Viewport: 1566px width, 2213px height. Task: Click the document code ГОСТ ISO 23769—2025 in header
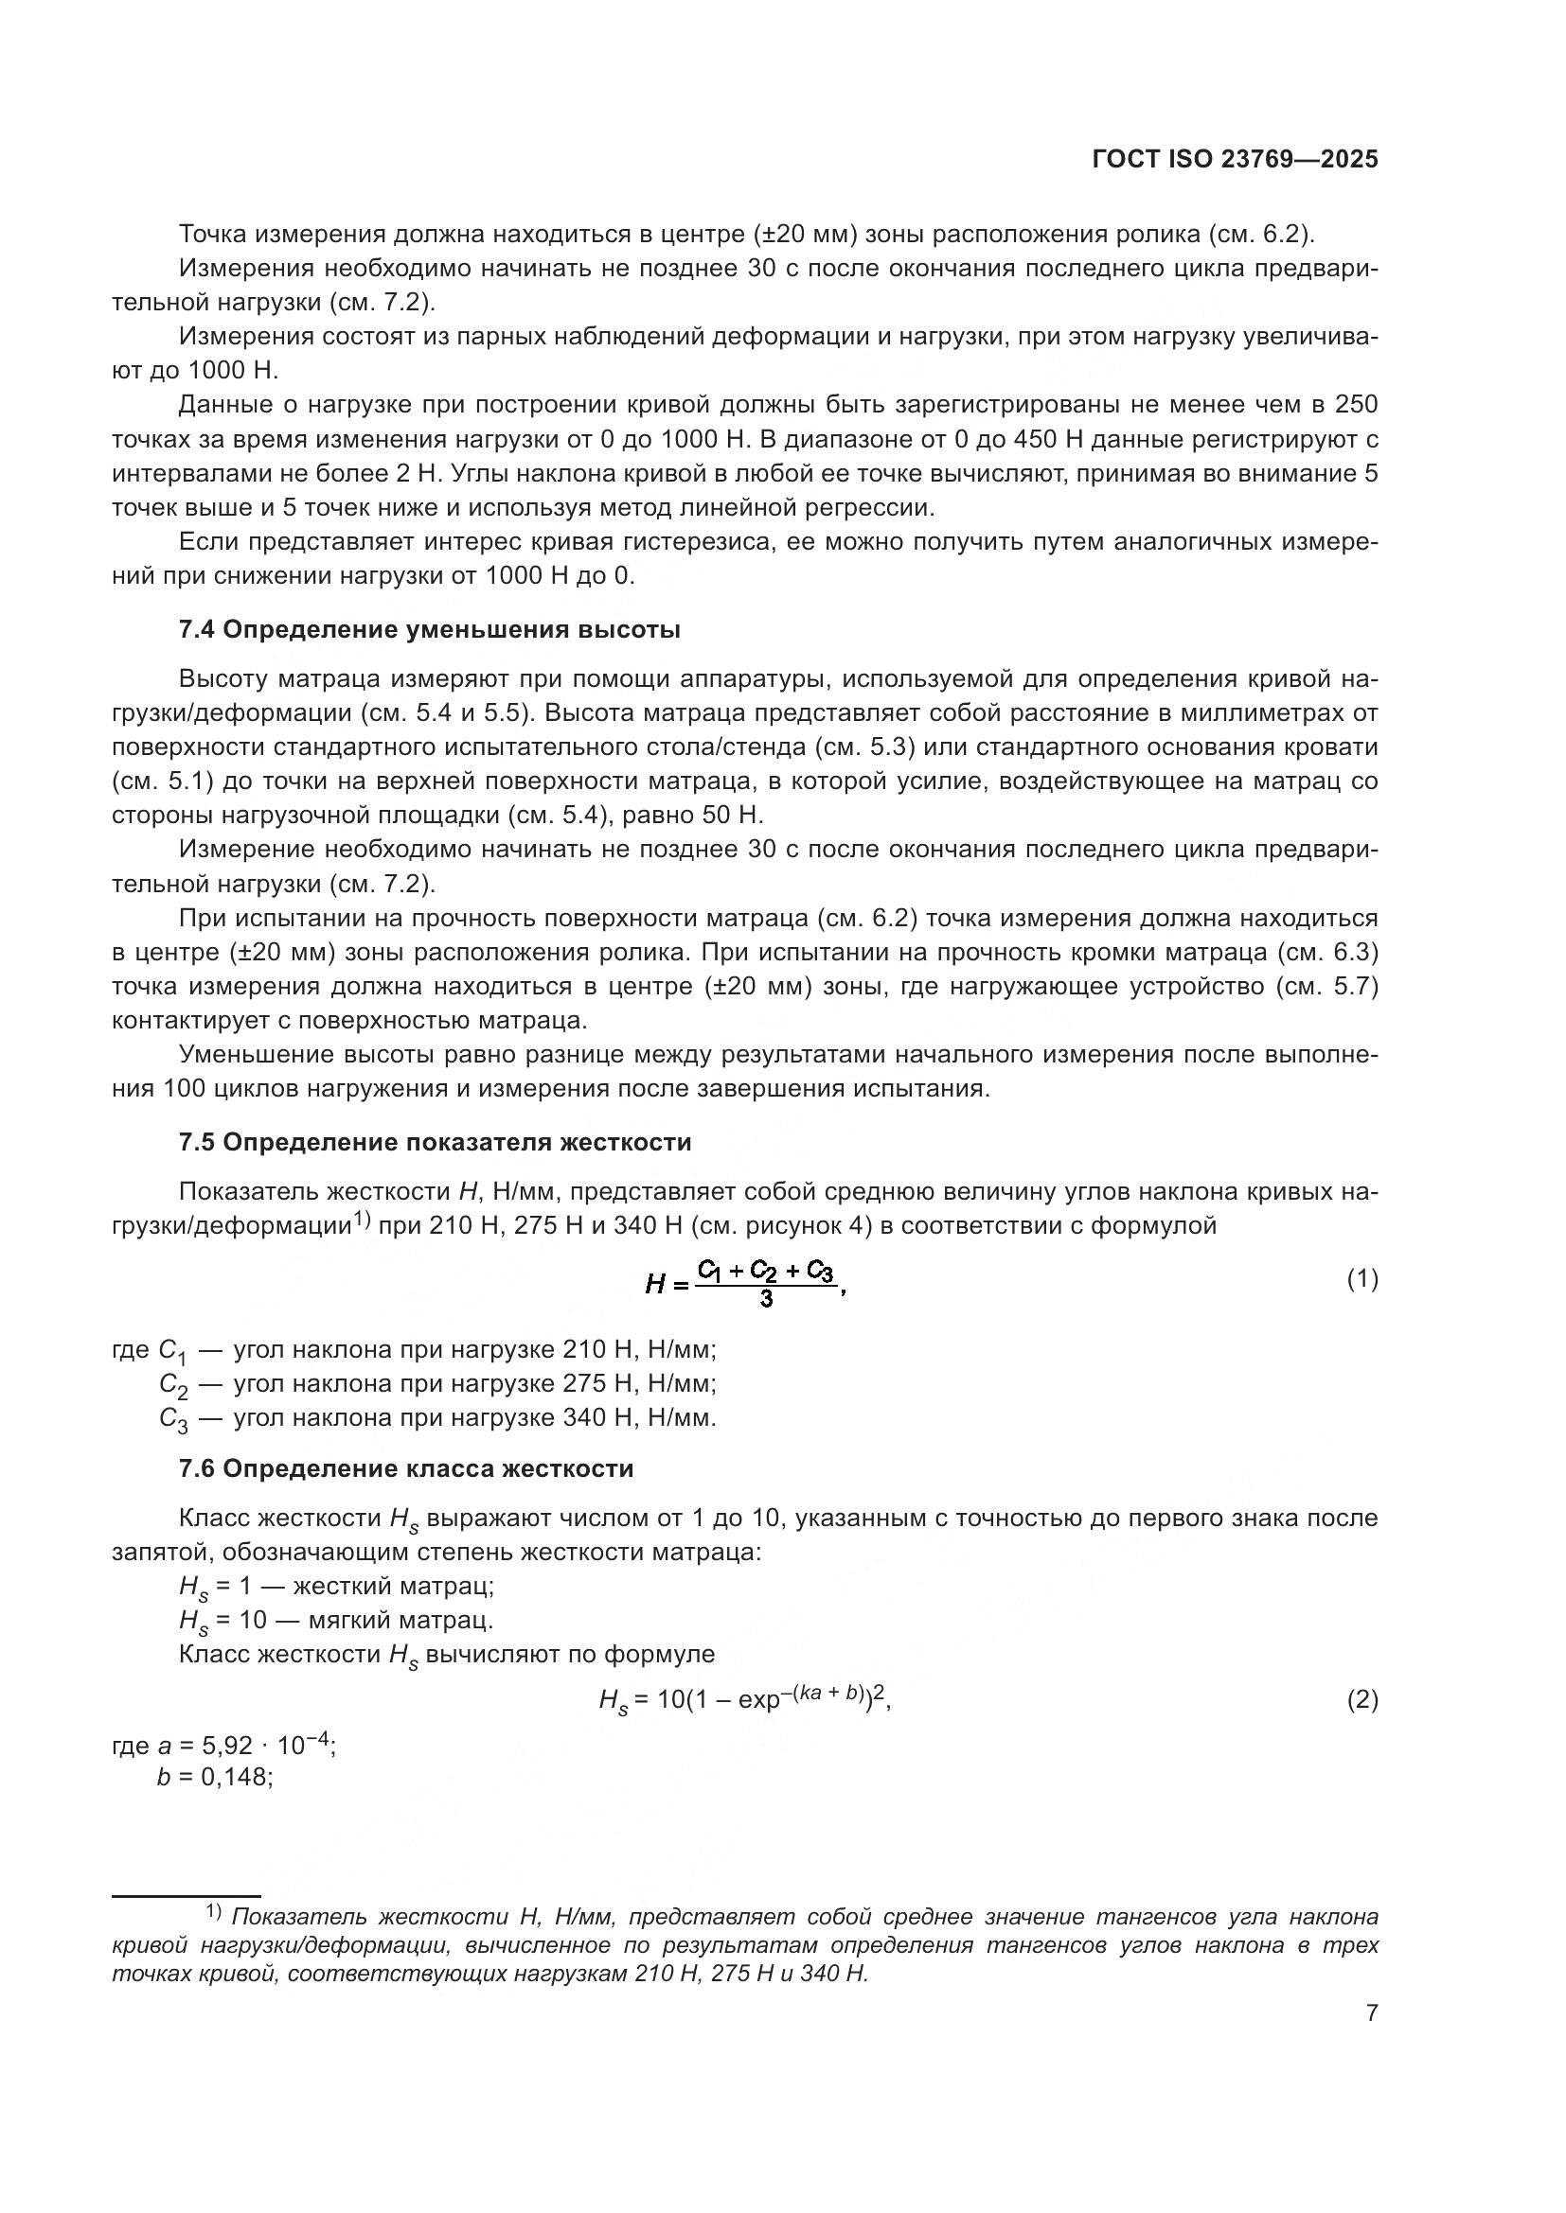(1235, 160)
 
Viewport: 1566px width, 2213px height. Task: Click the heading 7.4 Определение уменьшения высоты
(429, 630)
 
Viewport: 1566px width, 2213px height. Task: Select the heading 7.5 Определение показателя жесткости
(435, 1143)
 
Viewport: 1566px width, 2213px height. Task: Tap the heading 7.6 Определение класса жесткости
(406, 1469)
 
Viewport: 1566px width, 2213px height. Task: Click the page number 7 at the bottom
(1371, 2012)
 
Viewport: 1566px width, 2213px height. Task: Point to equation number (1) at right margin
(1361, 1280)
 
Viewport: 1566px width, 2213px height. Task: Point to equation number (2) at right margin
(1361, 1700)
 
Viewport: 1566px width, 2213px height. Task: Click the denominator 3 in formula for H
(766, 1300)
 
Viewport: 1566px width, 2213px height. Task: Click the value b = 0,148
(215, 1777)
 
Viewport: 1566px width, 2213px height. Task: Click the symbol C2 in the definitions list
(173, 1385)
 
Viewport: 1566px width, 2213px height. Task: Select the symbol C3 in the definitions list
(173, 1419)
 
